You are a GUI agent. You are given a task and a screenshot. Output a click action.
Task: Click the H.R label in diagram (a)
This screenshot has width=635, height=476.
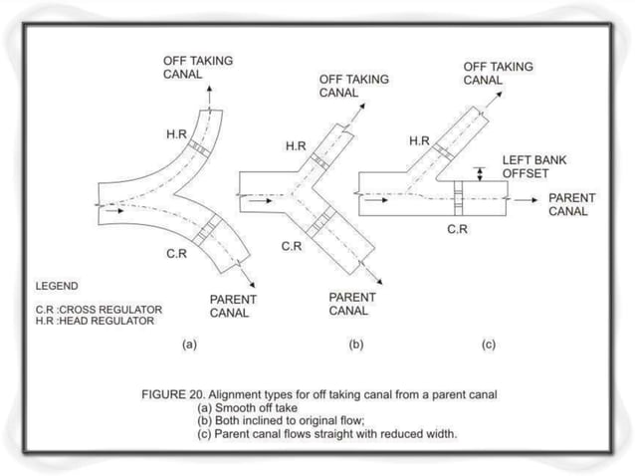point(175,133)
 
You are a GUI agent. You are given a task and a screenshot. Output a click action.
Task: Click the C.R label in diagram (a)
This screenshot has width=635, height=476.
point(178,255)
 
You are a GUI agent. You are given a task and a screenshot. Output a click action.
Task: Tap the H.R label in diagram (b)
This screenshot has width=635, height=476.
point(296,146)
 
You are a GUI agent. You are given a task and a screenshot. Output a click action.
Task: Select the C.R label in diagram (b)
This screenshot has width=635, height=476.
point(292,246)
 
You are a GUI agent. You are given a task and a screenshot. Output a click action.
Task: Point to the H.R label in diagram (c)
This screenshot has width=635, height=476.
point(419,140)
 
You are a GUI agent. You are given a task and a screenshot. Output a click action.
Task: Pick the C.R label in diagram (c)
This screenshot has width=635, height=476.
point(458,229)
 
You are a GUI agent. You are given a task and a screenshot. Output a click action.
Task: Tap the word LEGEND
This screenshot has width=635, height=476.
point(57,285)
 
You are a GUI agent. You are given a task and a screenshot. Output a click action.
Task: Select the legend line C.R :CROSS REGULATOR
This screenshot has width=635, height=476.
point(99,309)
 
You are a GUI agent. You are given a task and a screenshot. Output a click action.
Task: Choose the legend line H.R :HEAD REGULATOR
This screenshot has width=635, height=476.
point(95,321)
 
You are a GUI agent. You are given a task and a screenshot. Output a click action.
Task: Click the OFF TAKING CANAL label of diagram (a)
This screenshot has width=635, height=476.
point(198,67)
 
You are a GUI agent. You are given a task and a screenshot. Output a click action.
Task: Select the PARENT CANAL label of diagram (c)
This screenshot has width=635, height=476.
point(571,204)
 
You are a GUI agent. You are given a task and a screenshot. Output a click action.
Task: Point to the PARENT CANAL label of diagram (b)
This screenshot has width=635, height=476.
point(349,304)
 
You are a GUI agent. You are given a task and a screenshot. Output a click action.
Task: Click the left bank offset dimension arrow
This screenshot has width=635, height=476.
point(481,173)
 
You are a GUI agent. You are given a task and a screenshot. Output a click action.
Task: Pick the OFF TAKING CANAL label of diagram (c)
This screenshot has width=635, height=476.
point(498,73)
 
